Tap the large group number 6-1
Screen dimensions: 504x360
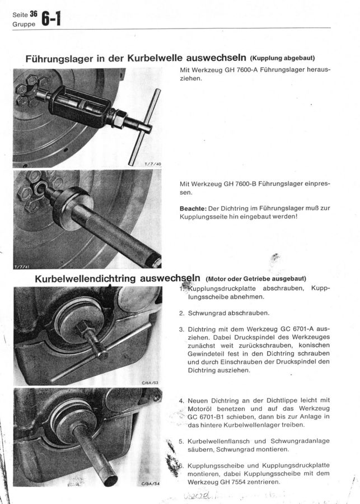(50, 20)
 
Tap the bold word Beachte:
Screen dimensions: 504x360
(193, 208)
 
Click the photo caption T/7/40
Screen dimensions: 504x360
(152, 164)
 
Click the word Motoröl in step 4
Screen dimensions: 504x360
(196, 408)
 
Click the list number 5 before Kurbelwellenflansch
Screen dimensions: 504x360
(181, 441)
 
